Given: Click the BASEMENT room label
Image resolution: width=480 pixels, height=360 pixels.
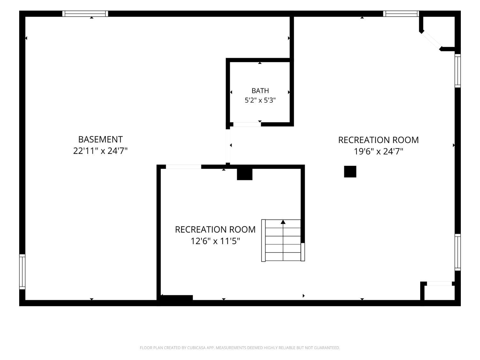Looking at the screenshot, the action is click(100, 139).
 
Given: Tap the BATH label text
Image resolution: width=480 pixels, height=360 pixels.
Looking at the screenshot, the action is click(260, 91).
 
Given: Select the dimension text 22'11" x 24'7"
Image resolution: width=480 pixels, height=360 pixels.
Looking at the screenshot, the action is click(100, 151).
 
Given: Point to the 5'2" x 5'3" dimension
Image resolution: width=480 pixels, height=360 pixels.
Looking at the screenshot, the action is click(260, 100).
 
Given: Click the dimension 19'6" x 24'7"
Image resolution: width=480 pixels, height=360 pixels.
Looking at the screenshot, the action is click(378, 151).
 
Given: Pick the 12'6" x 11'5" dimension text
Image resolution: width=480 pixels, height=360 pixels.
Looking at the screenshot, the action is click(215, 241).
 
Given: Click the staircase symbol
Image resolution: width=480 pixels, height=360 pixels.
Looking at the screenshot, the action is click(283, 240).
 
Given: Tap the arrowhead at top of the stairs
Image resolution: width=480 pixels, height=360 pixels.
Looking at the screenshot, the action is click(283, 222).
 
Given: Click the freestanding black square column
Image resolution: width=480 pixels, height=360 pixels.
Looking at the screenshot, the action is click(350, 172).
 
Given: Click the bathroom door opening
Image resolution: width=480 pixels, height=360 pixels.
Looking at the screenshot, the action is click(247, 124).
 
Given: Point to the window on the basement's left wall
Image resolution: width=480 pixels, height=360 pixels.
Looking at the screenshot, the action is click(22, 271).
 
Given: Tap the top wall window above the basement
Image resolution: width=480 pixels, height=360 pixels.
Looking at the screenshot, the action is click(85, 13).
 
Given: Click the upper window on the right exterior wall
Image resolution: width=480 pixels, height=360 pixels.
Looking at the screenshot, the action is click(458, 71).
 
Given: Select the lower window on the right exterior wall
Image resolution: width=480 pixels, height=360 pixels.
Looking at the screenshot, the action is click(458, 252).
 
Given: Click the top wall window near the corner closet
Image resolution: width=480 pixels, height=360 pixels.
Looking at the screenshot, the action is click(401, 13).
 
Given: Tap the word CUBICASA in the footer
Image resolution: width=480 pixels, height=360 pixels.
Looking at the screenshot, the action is click(196, 348).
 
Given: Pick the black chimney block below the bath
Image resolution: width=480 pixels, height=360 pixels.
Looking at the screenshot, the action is click(244, 174).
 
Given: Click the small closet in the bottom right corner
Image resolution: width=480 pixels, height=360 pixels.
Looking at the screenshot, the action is click(439, 293).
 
